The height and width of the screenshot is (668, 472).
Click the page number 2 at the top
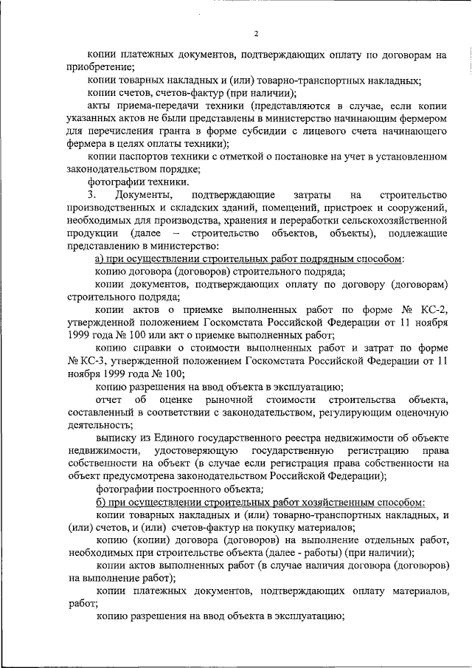256,33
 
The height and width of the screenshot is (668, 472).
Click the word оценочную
418,413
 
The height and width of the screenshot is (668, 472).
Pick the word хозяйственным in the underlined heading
335,502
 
